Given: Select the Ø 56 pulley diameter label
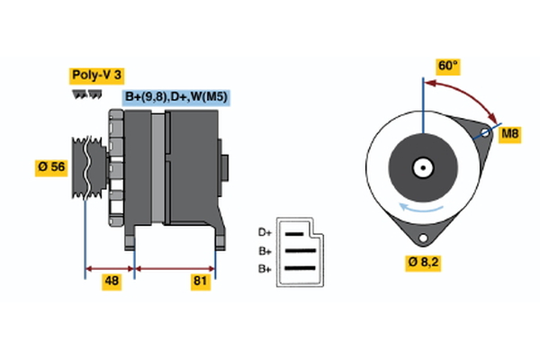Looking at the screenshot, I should click(x=52, y=166).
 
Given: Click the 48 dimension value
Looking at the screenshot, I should click(x=112, y=282).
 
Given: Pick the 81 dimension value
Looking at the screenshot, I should click(x=200, y=282).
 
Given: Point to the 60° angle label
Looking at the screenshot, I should click(x=448, y=67).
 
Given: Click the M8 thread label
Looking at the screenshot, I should click(x=510, y=134).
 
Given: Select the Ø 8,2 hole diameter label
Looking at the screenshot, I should click(x=422, y=263).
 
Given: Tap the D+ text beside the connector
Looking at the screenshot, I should click(x=265, y=232).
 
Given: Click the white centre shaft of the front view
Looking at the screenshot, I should click(x=421, y=166).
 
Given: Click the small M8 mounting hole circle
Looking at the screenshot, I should click(x=486, y=134).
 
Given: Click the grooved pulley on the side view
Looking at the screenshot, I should click(x=85, y=167).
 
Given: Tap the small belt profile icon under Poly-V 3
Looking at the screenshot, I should click(x=84, y=94).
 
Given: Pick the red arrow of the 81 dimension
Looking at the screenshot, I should click(x=175, y=267).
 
